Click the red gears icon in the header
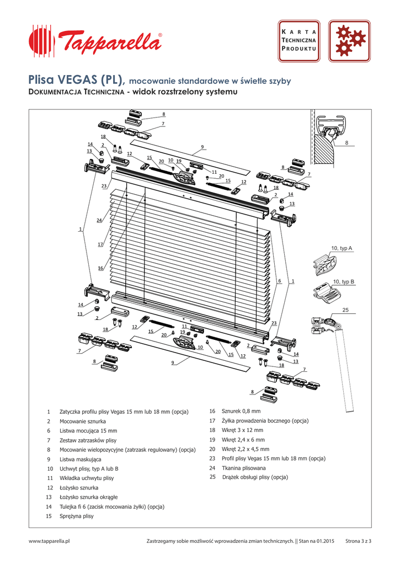(350, 42)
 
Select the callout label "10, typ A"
(342, 249)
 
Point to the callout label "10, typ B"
(344, 282)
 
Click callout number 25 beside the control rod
(346, 310)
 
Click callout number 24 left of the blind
(99, 220)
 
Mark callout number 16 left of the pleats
(100, 268)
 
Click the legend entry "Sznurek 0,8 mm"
(241, 411)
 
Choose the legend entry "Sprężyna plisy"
(77, 516)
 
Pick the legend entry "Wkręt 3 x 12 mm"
(242, 430)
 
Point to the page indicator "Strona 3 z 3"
(358, 541)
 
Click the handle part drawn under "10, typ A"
(326, 264)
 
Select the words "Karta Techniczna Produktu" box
(300, 41)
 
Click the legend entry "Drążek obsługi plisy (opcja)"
(255, 477)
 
